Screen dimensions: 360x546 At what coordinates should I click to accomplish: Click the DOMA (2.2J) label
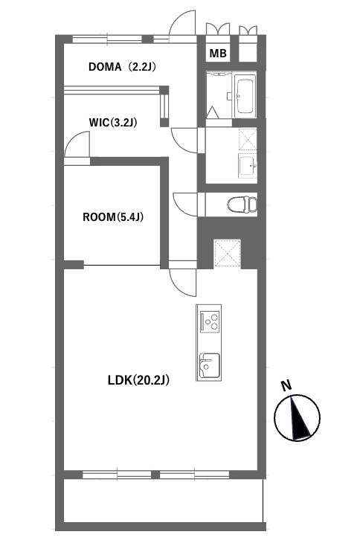pos(122,66)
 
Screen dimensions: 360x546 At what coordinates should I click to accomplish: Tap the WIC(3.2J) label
pos(113,123)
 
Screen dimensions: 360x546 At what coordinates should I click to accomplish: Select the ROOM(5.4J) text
pos(113,217)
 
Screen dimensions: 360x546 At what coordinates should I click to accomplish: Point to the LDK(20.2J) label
pos(138,380)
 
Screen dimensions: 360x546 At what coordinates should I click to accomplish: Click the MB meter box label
pos(218,54)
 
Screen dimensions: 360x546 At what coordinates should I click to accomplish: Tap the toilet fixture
pos(242,205)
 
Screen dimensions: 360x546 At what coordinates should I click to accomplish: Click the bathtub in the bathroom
pos(245,96)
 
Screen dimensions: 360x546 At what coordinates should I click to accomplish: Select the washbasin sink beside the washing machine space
pos(248,165)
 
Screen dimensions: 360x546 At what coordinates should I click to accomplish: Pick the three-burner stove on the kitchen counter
pos(210,321)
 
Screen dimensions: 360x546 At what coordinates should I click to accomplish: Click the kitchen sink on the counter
pos(209,365)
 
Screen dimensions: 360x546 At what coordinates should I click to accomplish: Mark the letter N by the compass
pos(286,385)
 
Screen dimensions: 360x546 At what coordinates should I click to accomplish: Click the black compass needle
pos(299,418)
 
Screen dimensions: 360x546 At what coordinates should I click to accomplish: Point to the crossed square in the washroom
pos(248,139)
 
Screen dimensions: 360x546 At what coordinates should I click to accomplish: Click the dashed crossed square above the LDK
pos(227,253)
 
